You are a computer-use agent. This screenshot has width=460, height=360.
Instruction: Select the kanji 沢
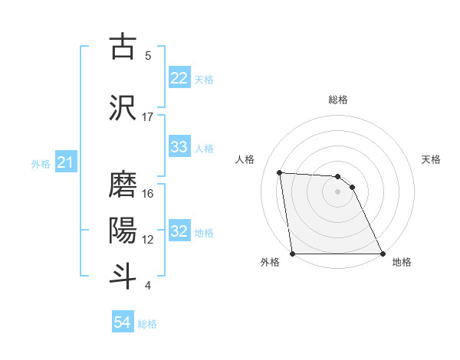(x=124, y=107)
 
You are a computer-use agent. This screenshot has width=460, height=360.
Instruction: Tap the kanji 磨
(x=124, y=184)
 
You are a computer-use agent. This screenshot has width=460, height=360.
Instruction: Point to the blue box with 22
(x=179, y=78)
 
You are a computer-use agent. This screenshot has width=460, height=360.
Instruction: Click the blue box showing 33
(x=179, y=147)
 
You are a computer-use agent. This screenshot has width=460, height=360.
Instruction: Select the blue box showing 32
(x=179, y=231)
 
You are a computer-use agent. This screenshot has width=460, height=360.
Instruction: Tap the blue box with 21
(x=65, y=162)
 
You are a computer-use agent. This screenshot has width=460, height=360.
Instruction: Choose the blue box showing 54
(x=122, y=322)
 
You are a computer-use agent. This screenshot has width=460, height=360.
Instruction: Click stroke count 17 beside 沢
(x=148, y=117)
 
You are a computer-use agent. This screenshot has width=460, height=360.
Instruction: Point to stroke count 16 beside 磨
(x=148, y=194)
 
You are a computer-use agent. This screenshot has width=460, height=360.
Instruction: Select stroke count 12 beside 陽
(x=148, y=240)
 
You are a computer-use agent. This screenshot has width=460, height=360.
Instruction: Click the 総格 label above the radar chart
(x=338, y=100)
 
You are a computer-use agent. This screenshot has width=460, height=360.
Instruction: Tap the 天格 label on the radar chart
(x=432, y=159)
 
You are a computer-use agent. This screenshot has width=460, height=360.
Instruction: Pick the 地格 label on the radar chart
(x=402, y=262)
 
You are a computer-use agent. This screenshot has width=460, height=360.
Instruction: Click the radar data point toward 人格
(x=280, y=172)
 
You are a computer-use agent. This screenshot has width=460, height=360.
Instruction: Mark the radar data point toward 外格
(x=292, y=254)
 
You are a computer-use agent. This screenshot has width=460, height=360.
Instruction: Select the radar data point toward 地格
(x=383, y=254)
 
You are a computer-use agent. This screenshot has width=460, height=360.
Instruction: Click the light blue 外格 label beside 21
(x=41, y=163)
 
